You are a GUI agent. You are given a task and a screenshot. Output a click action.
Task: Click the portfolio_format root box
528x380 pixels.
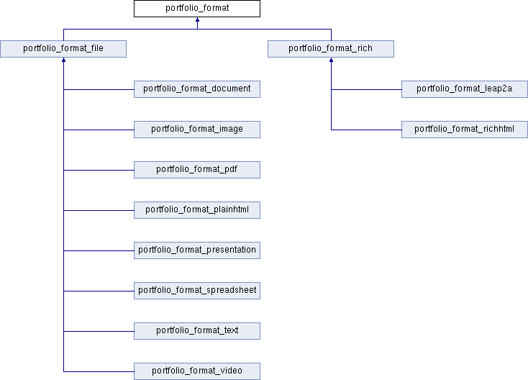197,9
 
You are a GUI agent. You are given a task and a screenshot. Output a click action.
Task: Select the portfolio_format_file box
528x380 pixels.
63,49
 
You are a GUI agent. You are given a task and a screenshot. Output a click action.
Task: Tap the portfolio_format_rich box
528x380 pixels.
331,49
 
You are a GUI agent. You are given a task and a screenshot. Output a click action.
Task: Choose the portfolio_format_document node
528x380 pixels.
197,89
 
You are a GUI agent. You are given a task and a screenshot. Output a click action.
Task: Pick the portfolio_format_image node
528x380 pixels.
197,130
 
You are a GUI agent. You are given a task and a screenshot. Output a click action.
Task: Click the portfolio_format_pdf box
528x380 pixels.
197,170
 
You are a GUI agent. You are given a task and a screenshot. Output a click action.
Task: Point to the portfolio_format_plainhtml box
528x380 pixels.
197,210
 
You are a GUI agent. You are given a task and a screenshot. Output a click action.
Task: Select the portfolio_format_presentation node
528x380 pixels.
197,250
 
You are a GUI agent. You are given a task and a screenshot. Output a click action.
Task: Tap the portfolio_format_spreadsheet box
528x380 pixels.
197,291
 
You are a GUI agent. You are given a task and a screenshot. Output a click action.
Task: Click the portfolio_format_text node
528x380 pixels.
197,331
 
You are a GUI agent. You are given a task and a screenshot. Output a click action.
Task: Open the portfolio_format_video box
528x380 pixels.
197,371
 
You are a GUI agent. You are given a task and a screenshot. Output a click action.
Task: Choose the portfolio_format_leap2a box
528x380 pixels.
465,89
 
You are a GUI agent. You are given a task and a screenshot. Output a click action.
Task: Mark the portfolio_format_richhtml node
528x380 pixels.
465,130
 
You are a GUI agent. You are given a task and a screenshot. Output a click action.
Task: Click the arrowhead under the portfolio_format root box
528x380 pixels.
197,19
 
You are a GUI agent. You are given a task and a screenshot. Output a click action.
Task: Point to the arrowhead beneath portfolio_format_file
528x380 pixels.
63,60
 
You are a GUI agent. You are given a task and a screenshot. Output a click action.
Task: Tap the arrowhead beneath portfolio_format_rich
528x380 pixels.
332,60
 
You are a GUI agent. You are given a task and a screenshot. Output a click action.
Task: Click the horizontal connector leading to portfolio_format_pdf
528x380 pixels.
99,170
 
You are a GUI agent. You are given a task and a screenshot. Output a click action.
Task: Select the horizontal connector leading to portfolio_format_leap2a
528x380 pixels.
366,90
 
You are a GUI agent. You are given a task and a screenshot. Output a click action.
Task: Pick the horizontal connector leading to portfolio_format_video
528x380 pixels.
99,371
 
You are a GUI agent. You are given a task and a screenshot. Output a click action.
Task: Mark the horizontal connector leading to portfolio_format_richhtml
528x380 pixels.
366,130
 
